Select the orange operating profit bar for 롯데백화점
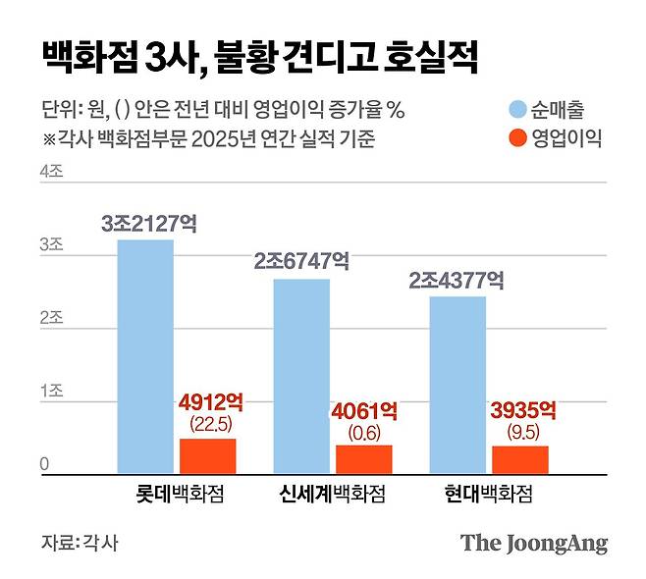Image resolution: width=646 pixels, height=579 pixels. coord(207,457)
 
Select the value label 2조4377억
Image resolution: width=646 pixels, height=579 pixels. coord(458,281)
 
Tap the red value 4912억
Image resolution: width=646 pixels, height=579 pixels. coord(210,402)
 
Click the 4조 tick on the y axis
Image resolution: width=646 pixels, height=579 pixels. coord(51,171)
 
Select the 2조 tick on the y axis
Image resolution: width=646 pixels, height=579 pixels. coord(51,318)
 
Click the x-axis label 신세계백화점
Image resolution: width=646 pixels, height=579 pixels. coord(329,495)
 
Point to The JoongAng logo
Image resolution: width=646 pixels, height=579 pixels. coord(534,543)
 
